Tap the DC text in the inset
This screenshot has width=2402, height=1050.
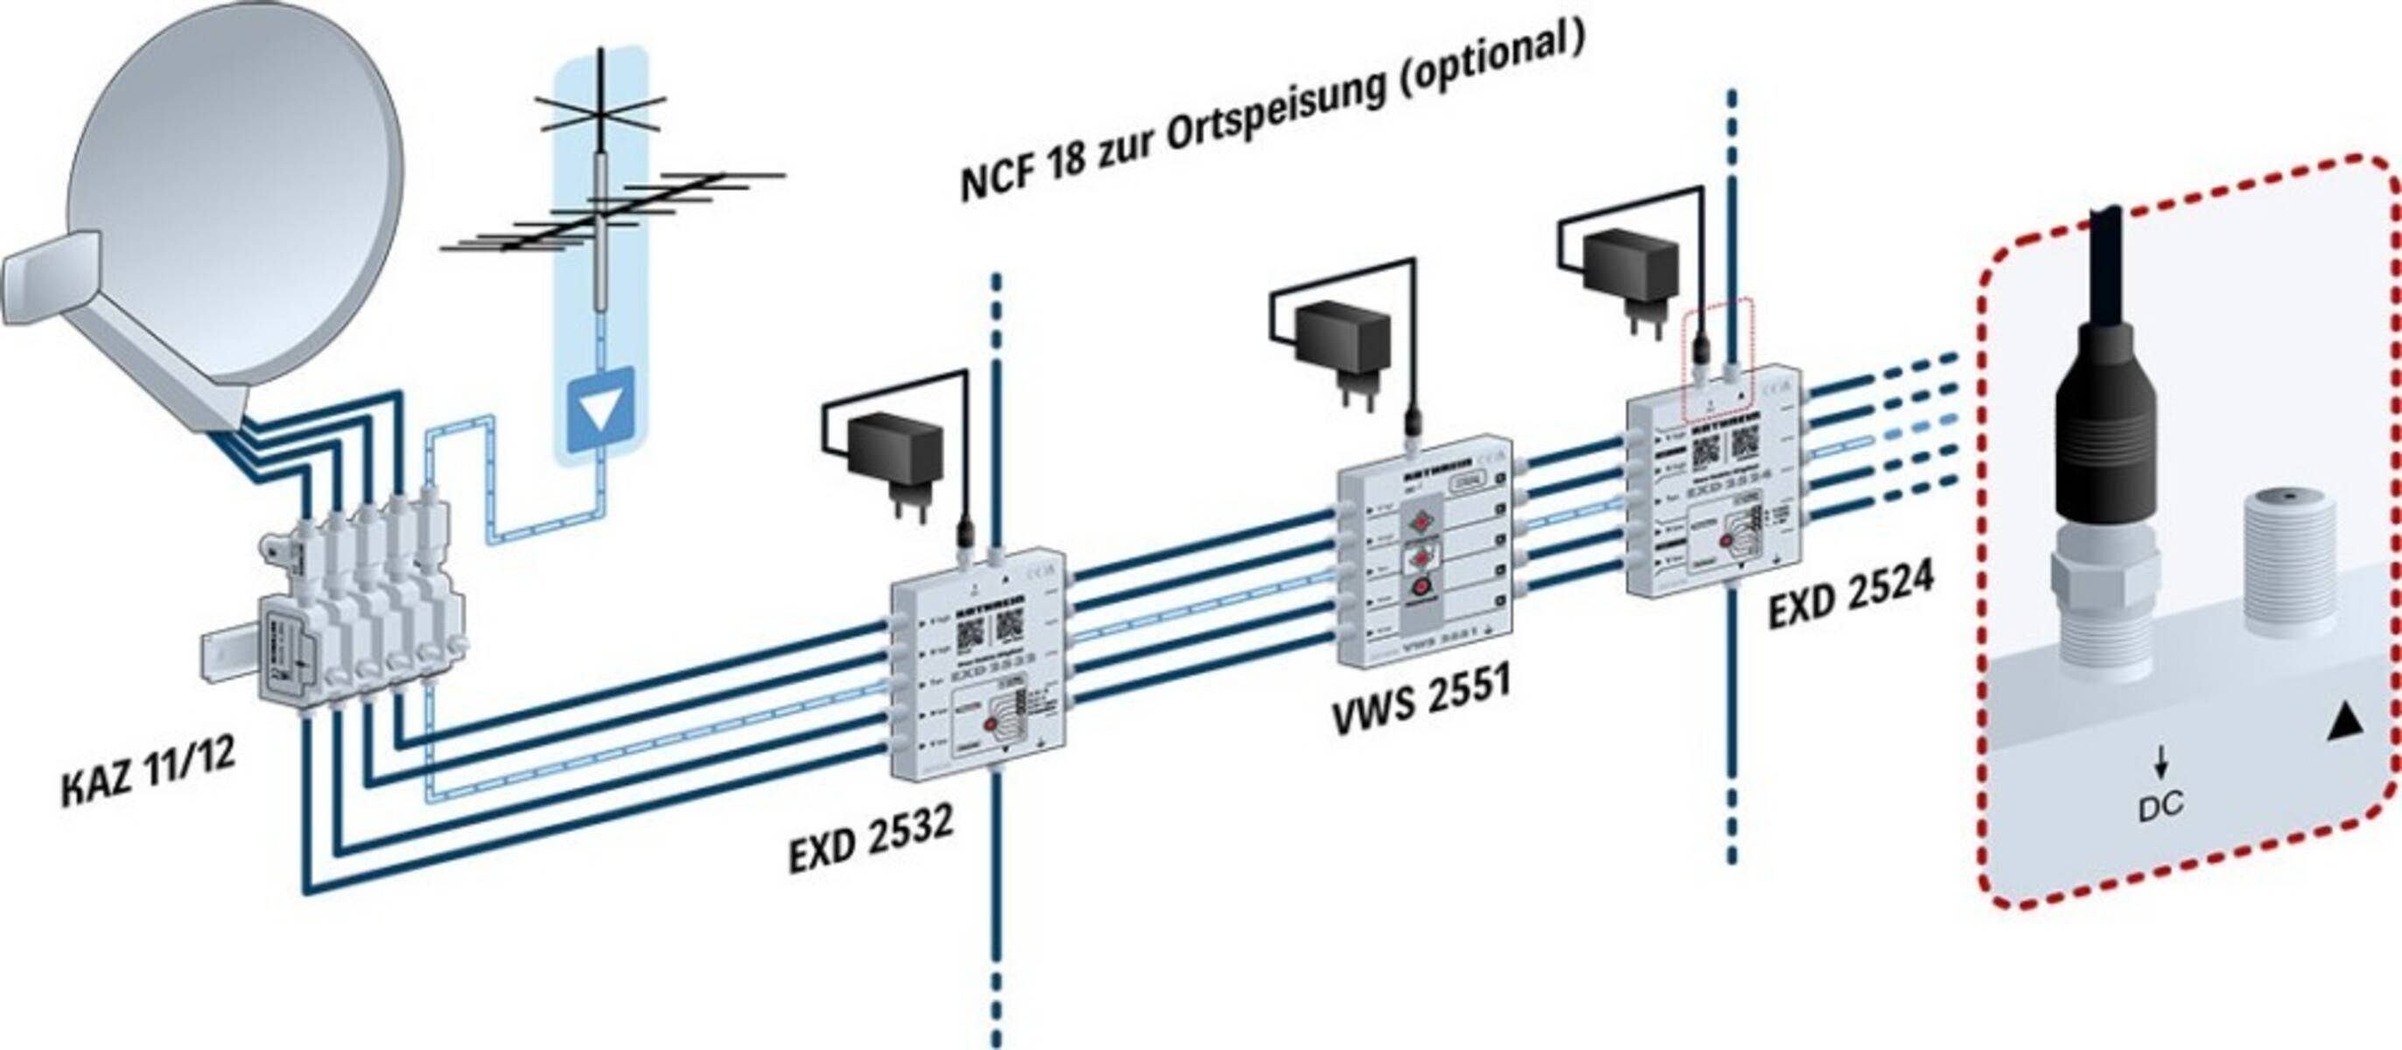pos(2160,805)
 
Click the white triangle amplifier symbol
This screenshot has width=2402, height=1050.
pos(600,409)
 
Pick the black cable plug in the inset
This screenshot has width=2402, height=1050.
pos(2107,438)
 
